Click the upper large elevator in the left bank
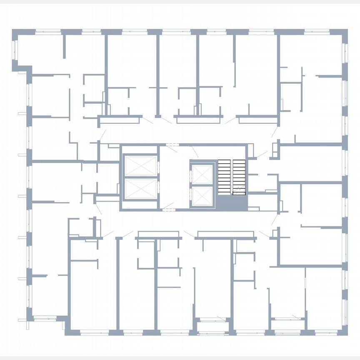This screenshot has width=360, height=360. [x=140, y=166]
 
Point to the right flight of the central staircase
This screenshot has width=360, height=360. [x=239, y=175]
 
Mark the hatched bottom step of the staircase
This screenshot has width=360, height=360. [x=239, y=191]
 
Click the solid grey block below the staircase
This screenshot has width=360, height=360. [x=232, y=202]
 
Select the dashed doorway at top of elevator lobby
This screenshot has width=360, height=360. [x=172, y=145]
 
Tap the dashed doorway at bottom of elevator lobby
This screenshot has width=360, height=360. [x=168, y=210]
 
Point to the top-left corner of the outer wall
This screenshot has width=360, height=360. [x=15, y=32]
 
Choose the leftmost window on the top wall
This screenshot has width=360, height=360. [x=48, y=32]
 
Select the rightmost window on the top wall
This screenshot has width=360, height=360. [x=317, y=32]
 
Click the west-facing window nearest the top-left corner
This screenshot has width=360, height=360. [x=15, y=50]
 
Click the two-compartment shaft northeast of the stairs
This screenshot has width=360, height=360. [x=275, y=150]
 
